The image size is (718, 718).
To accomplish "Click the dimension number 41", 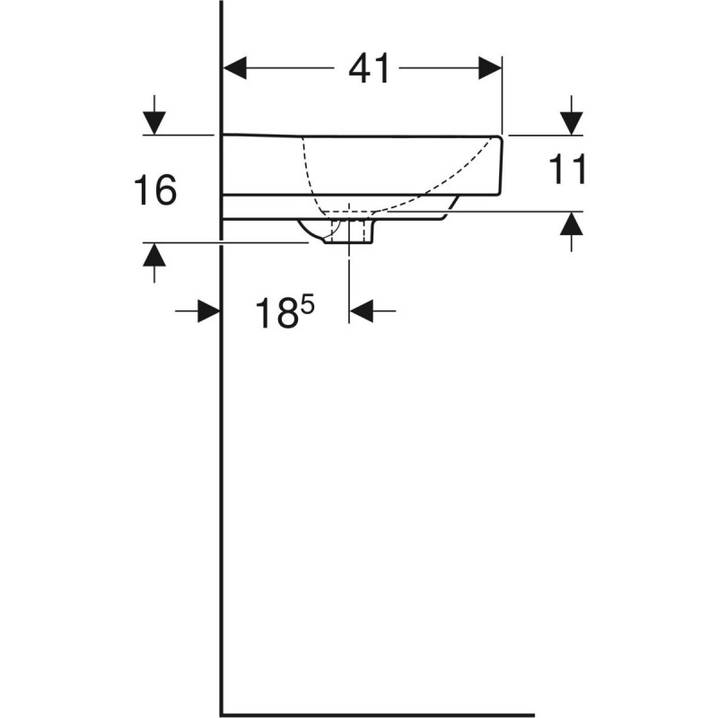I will pyautogui.click(x=370, y=69).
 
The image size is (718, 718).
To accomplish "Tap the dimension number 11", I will pyautogui.click(x=567, y=170).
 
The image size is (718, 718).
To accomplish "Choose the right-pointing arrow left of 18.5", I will pyautogui.click(x=209, y=311).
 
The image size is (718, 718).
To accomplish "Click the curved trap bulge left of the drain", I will pyautogui.click(x=313, y=233).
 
